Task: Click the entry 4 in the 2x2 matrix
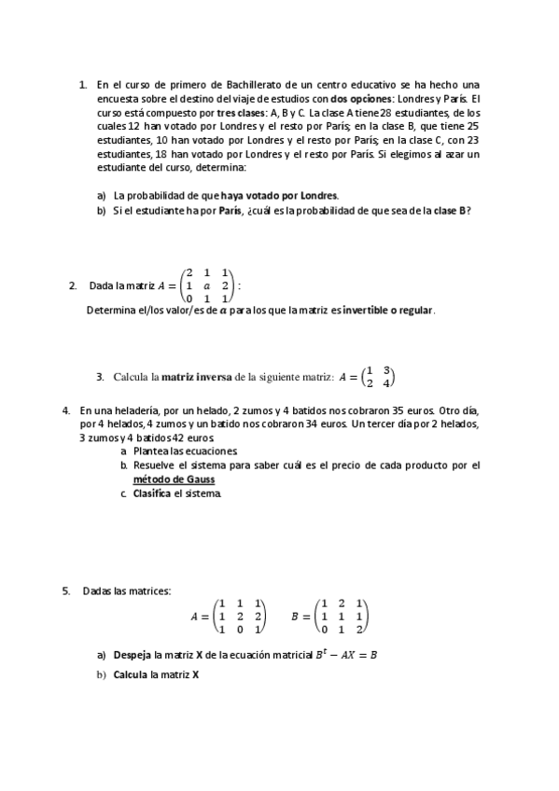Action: [385, 383]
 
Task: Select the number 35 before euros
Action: [398, 410]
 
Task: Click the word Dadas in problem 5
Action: [96, 590]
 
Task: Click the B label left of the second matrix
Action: [296, 617]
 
